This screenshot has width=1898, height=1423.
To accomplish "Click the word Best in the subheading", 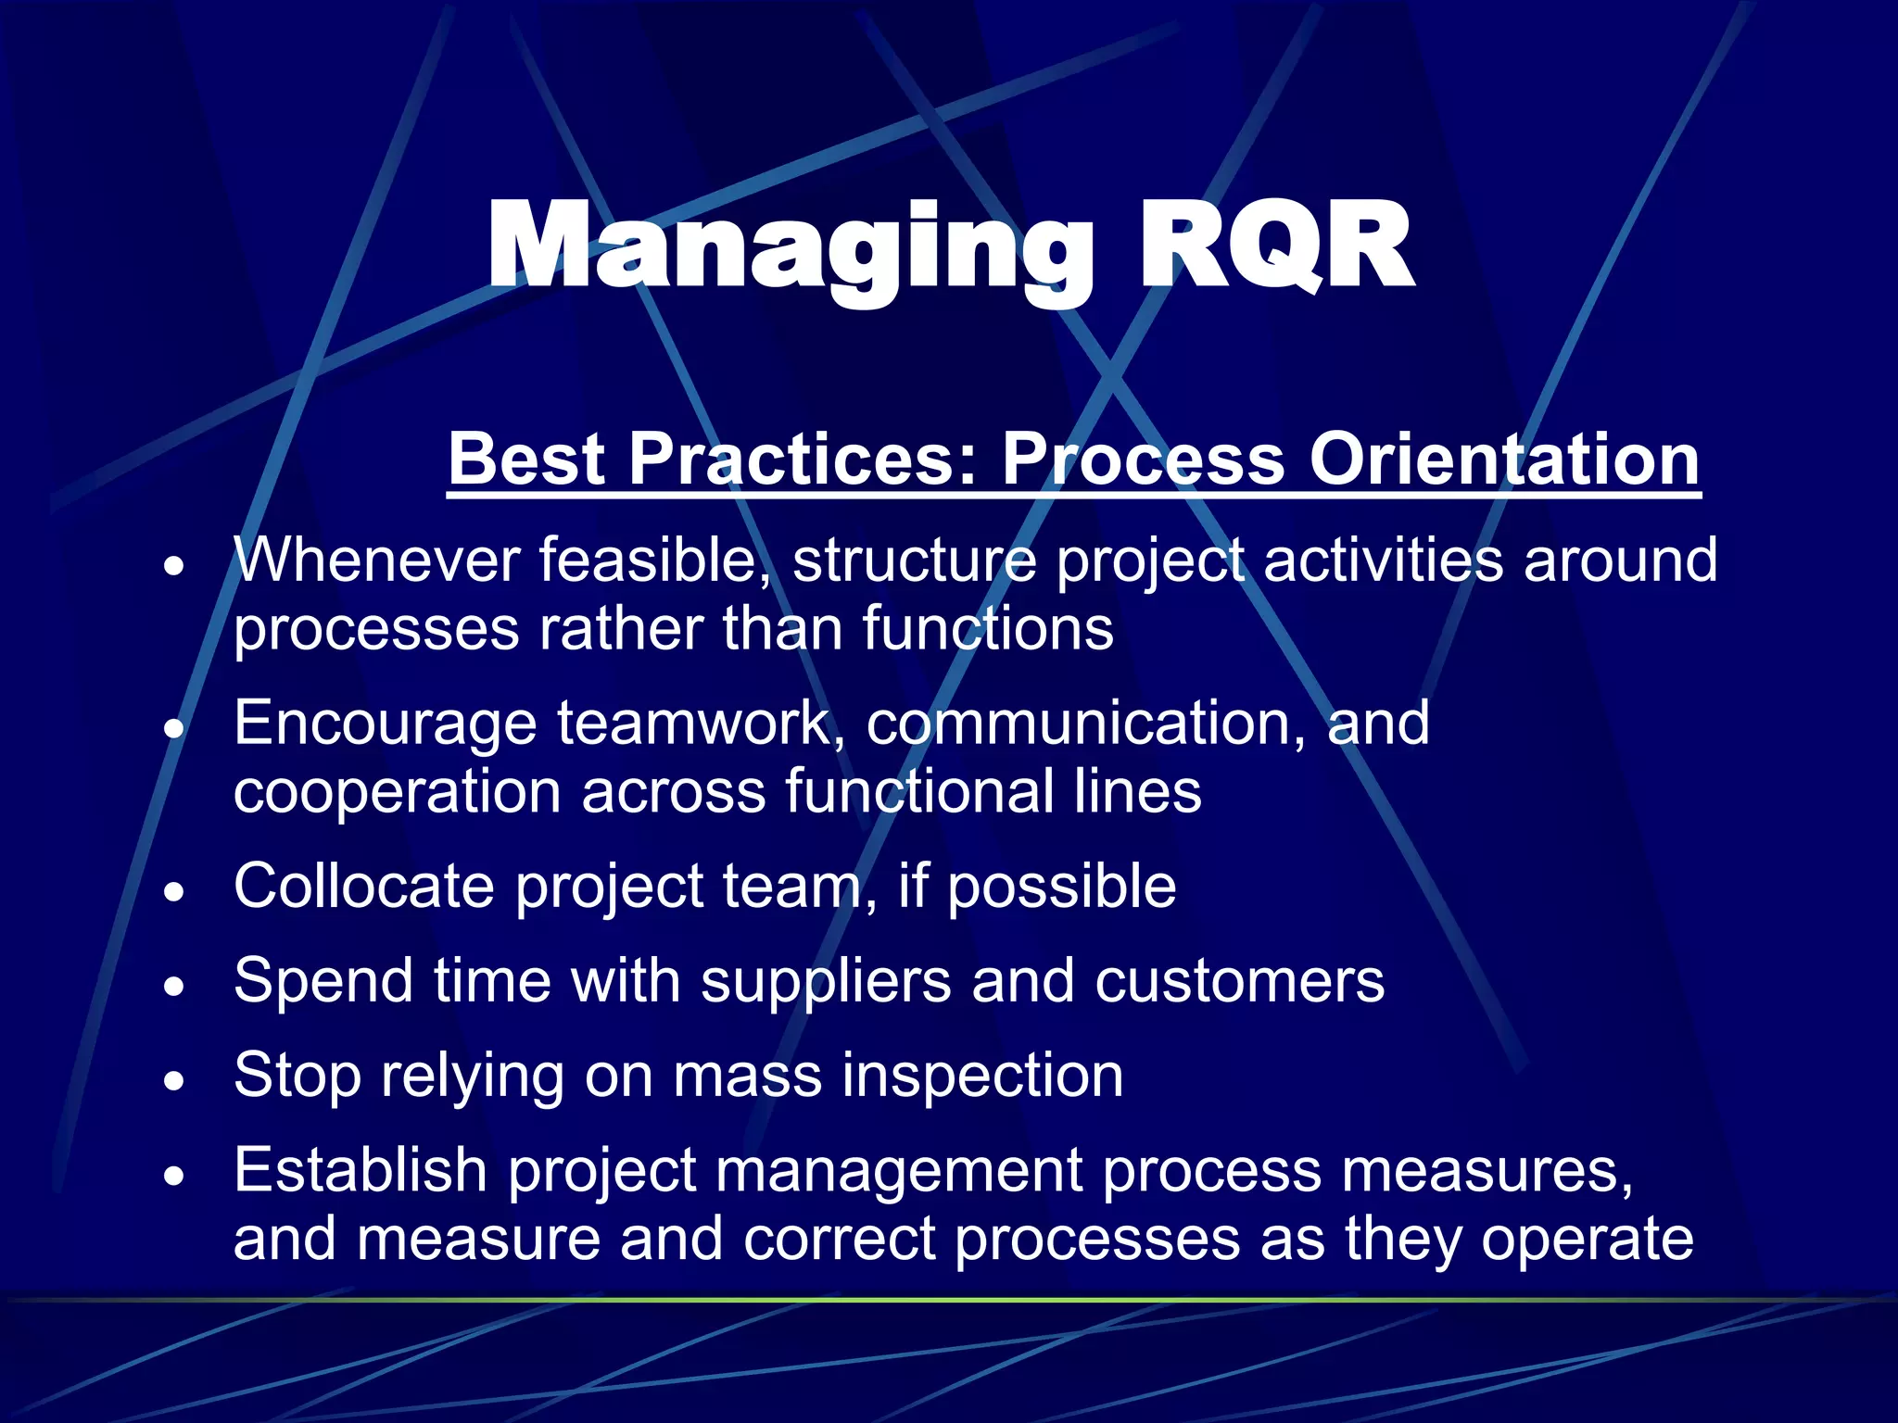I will click(x=526, y=460).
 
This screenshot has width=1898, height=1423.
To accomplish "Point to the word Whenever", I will click(x=376, y=560).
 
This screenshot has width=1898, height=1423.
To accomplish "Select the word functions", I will click(x=988, y=630).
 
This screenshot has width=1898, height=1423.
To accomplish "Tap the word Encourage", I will click(x=385, y=724).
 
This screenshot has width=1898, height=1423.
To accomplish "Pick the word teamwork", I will click(x=701, y=724).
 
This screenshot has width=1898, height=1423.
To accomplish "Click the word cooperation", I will click(x=397, y=793).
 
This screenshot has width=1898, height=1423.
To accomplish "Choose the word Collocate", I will click(x=364, y=887).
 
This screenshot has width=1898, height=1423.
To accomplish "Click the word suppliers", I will click(x=826, y=981).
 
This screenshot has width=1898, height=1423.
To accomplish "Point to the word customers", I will click(x=1239, y=981).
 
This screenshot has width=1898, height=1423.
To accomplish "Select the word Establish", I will click(x=360, y=1171).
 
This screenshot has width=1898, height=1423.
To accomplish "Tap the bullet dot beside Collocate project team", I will click(x=174, y=892).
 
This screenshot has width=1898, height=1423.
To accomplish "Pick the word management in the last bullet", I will click(x=899, y=1171).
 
